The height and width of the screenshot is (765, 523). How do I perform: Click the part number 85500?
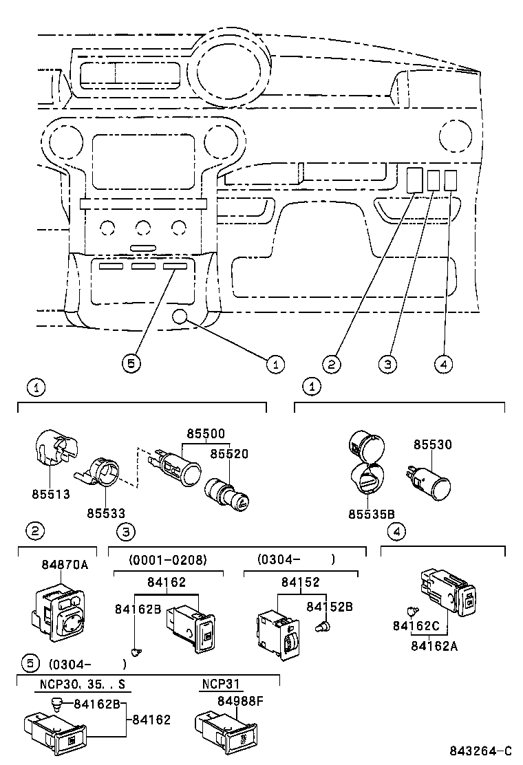click(x=206, y=434)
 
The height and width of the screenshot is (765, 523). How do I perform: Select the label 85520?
click(x=229, y=454)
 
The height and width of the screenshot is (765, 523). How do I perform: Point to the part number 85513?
click(x=50, y=494)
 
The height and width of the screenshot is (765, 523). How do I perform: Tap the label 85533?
click(x=106, y=513)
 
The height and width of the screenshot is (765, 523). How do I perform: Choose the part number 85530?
click(x=433, y=444)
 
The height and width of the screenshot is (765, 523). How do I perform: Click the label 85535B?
click(x=371, y=513)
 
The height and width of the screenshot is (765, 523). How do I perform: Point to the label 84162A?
click(x=434, y=645)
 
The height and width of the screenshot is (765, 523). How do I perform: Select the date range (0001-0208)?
click(x=167, y=559)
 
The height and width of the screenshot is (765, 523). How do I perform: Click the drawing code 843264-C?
click(x=482, y=751)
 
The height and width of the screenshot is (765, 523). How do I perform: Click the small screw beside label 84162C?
click(x=410, y=610)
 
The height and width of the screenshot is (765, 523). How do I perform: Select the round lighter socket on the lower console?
click(x=180, y=316)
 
